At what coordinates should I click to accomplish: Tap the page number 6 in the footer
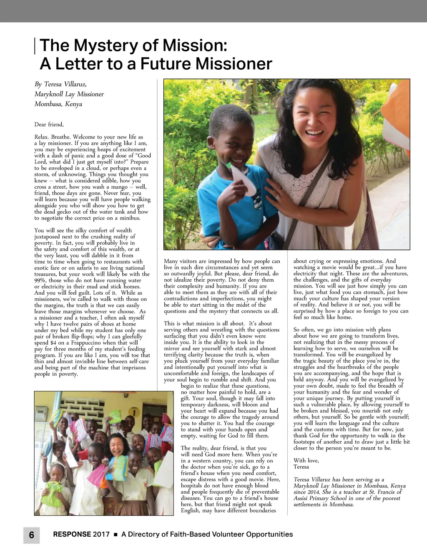coord(31,535)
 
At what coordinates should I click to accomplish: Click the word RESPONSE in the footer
coord(72,534)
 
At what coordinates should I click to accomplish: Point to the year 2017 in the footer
coord(101,534)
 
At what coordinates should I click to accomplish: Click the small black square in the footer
coord(116,535)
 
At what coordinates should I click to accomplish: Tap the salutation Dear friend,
coord(49,124)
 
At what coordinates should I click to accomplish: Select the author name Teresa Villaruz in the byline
coord(65,84)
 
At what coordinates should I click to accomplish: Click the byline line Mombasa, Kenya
coord(58,104)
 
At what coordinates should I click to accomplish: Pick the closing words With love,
coord(306,461)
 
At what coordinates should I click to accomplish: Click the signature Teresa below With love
coord(301,467)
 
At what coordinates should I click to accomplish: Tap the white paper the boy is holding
coord(244,180)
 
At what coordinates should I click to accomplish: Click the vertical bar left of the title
coord(35,46)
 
